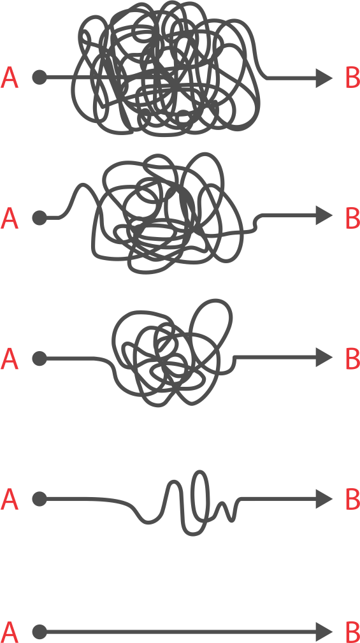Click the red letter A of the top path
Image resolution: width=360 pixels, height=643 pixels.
(x=10, y=78)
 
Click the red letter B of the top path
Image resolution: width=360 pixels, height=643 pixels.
(x=352, y=78)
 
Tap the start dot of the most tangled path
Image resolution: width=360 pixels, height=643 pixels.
(x=40, y=77)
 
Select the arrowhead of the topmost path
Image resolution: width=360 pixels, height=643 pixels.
(x=324, y=78)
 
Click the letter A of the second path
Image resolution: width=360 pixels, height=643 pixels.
(x=10, y=219)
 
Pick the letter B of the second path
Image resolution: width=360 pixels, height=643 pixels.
(x=352, y=219)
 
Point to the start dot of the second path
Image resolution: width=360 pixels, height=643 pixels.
(x=40, y=218)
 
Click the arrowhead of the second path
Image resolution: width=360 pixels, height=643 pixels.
(x=324, y=215)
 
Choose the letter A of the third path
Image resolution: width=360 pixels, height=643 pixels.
(x=10, y=359)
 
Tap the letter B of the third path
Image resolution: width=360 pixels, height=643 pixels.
(x=352, y=359)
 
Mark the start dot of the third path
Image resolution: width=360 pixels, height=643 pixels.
(x=40, y=358)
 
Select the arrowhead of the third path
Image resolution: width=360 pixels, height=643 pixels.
(x=324, y=358)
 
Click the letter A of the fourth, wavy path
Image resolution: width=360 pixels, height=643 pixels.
(x=10, y=500)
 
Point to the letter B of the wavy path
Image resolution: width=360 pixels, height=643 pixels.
(x=352, y=500)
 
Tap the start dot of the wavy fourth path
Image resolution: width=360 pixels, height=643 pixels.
(x=40, y=499)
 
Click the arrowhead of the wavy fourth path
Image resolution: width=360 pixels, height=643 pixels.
(x=324, y=499)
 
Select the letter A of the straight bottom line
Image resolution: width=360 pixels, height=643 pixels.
(x=10, y=633)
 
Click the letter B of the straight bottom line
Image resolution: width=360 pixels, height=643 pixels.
(x=352, y=633)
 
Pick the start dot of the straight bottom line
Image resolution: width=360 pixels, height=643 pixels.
(x=40, y=632)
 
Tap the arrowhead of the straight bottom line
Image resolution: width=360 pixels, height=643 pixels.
(x=324, y=632)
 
